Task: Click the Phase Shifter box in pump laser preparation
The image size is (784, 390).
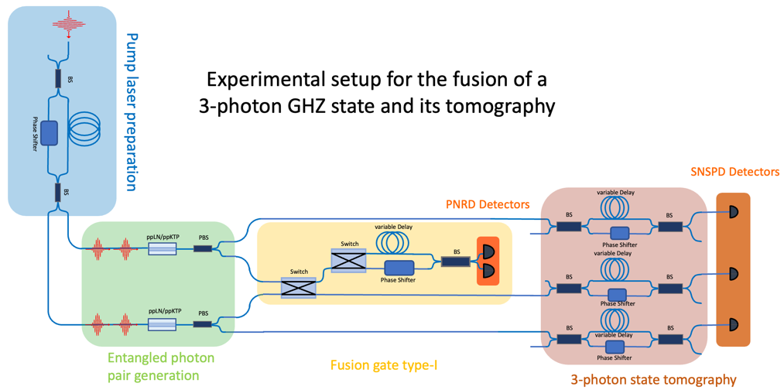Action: (49, 133)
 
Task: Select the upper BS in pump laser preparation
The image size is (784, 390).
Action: (58, 78)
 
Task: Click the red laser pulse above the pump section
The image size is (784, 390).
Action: (69, 23)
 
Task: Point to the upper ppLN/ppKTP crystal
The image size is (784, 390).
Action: (162, 249)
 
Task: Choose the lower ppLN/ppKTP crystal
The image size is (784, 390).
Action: (162, 324)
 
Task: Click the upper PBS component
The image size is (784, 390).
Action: (202, 248)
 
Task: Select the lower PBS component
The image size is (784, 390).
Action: (202, 324)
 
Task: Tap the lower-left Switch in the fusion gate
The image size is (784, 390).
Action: (298, 289)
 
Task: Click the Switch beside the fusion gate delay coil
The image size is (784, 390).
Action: (348, 260)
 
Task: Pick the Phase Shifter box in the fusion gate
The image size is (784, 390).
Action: (399, 268)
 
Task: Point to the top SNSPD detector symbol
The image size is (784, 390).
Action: (733, 212)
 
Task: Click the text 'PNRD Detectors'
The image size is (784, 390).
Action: (488, 205)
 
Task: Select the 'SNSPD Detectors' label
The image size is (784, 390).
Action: (734, 172)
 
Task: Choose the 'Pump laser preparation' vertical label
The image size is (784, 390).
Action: (131, 111)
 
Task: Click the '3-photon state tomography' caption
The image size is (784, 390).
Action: (653, 379)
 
